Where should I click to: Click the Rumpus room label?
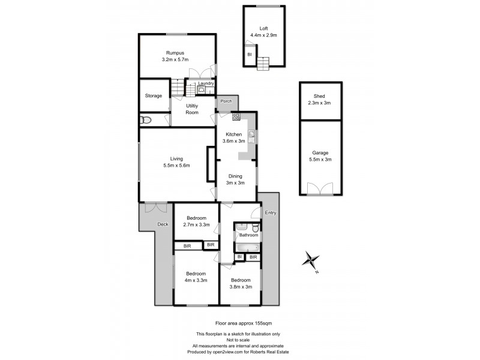[175, 53]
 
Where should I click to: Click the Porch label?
[226, 101]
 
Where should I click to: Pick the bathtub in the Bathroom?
[247, 247]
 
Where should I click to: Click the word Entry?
[271, 213]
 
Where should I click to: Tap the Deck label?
[163, 224]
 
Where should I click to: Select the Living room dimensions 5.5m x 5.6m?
[176, 166]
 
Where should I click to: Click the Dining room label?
[235, 176]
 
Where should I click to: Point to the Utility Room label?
[192, 109]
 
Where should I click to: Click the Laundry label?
[206, 84]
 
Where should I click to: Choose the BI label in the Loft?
[249, 55]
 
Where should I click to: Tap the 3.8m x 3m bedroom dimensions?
[241, 287]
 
